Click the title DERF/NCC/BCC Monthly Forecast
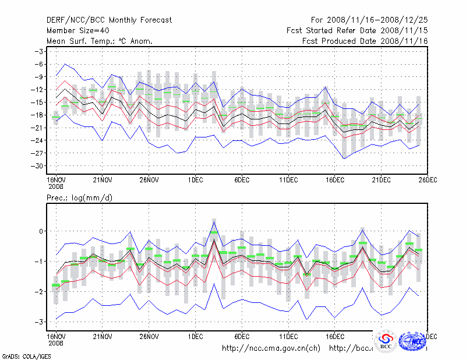(x=110, y=20)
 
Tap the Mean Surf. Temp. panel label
(x=100, y=41)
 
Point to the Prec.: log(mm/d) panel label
(x=80, y=198)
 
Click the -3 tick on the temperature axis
(x=40, y=51)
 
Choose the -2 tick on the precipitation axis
(x=40, y=291)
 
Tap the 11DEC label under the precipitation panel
(x=288, y=336)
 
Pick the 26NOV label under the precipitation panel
(x=149, y=336)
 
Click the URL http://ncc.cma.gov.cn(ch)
(x=271, y=348)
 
